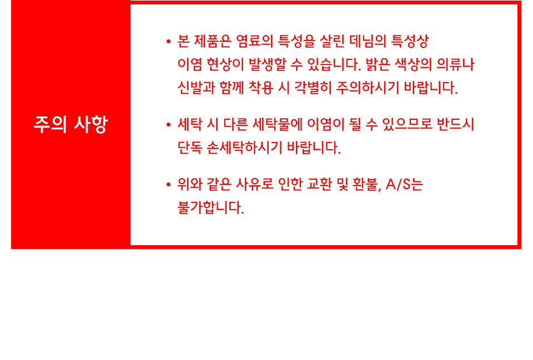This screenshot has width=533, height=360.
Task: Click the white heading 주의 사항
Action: [71, 124]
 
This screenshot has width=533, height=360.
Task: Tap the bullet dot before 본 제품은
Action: [168, 42]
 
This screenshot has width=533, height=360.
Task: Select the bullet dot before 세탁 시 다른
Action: [168, 125]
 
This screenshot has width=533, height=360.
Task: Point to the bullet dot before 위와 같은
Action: [168, 185]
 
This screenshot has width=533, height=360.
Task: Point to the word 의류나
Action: [455, 64]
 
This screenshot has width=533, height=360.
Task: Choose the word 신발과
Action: [196, 88]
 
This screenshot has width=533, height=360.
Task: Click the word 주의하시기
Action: [367, 88]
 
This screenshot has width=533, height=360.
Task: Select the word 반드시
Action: [455, 125]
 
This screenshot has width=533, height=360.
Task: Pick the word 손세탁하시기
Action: [244, 148]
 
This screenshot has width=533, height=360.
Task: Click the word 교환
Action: [319, 185]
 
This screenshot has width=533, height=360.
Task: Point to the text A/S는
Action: [404, 185]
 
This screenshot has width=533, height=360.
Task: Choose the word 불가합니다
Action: [211, 208]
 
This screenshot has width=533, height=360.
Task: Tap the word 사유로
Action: [254, 185]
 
